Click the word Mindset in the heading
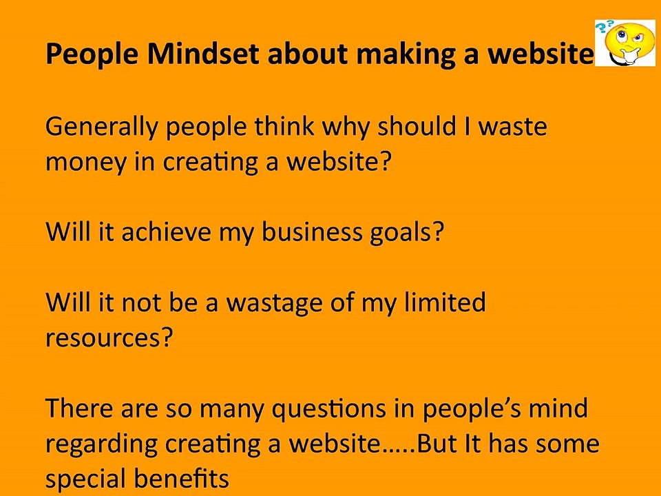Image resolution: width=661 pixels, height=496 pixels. pos(202,54)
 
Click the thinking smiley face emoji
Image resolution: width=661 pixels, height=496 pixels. pos(628,43)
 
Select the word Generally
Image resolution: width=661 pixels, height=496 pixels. pos(101,127)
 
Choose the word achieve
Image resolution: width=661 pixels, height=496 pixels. pos(166,231)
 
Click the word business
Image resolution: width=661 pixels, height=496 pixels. pos(312,231)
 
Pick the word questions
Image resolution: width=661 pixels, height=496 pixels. pos(329,409)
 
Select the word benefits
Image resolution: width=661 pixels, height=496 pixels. pos(182,478)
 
